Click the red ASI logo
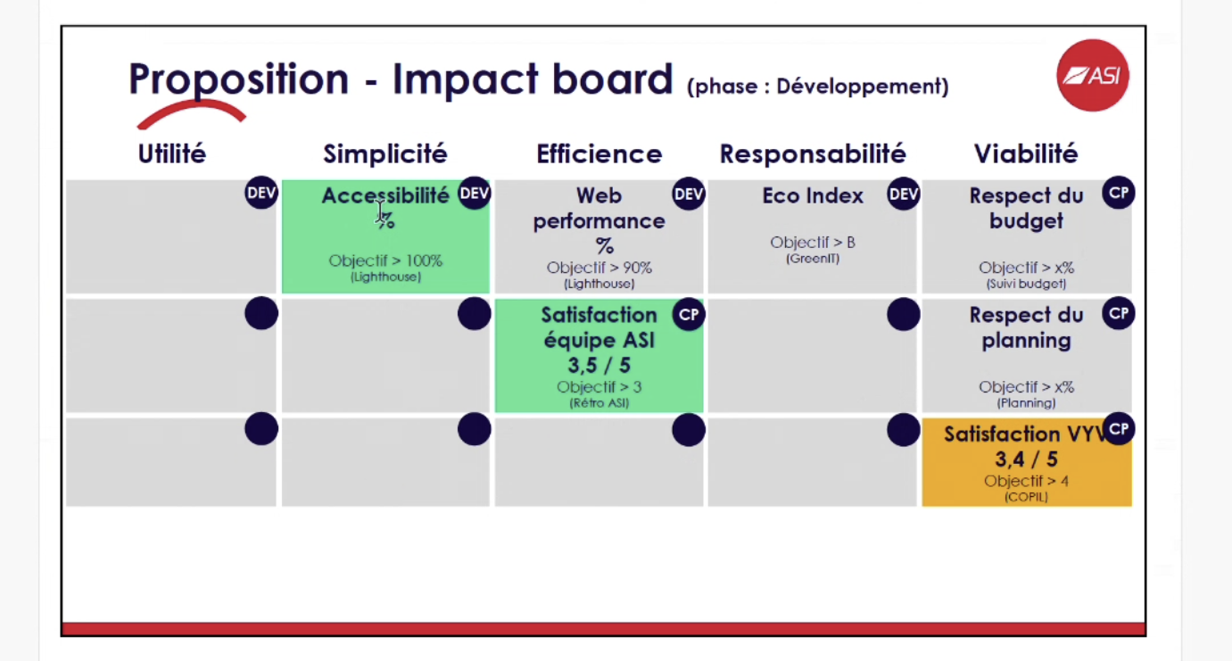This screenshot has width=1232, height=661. pyautogui.click(x=1093, y=76)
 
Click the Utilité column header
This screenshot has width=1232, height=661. pyautogui.click(x=171, y=154)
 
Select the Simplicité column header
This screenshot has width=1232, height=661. pyautogui.click(x=384, y=154)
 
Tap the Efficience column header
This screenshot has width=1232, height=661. pyautogui.click(x=599, y=154)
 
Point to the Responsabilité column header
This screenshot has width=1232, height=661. pyautogui.click(x=813, y=154)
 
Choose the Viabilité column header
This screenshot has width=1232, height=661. pyautogui.click(x=1026, y=154)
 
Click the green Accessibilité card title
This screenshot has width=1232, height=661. pyautogui.click(x=384, y=196)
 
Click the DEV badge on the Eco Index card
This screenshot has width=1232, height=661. pyautogui.click(x=903, y=194)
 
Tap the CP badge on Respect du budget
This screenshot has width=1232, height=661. pyautogui.click(x=1118, y=193)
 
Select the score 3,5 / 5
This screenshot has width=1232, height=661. pyautogui.click(x=599, y=366)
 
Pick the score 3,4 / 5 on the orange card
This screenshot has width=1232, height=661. pyautogui.click(x=1026, y=459)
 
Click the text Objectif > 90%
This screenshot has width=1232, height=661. pyautogui.click(x=599, y=268)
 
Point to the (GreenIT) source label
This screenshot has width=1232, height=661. pyautogui.click(x=813, y=259)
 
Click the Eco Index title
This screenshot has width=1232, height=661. pyautogui.click(x=813, y=196)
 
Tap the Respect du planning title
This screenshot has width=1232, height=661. pyautogui.click(x=1026, y=327)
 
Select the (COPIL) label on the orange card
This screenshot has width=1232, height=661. pyautogui.click(x=1026, y=497)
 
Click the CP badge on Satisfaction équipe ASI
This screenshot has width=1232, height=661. pyautogui.click(x=689, y=314)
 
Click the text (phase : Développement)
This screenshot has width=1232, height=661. pyautogui.click(x=817, y=87)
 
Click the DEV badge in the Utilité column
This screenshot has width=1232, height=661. pyautogui.click(x=261, y=194)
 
